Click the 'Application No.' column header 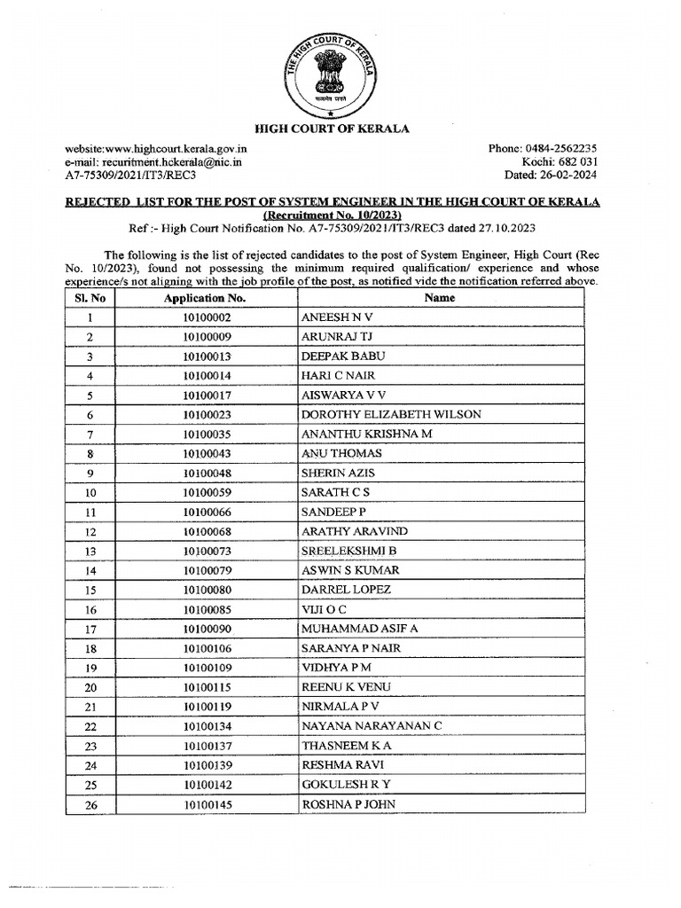(206, 298)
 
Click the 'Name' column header (440, 298)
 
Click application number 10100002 (206, 317)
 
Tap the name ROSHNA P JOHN (348, 804)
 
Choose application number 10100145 (206, 804)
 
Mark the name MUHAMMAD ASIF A (360, 629)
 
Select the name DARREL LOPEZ (346, 590)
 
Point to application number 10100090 (206, 629)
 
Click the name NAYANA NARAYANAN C (372, 726)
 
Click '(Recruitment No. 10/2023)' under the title (333, 215)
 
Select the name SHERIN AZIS (340, 473)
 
